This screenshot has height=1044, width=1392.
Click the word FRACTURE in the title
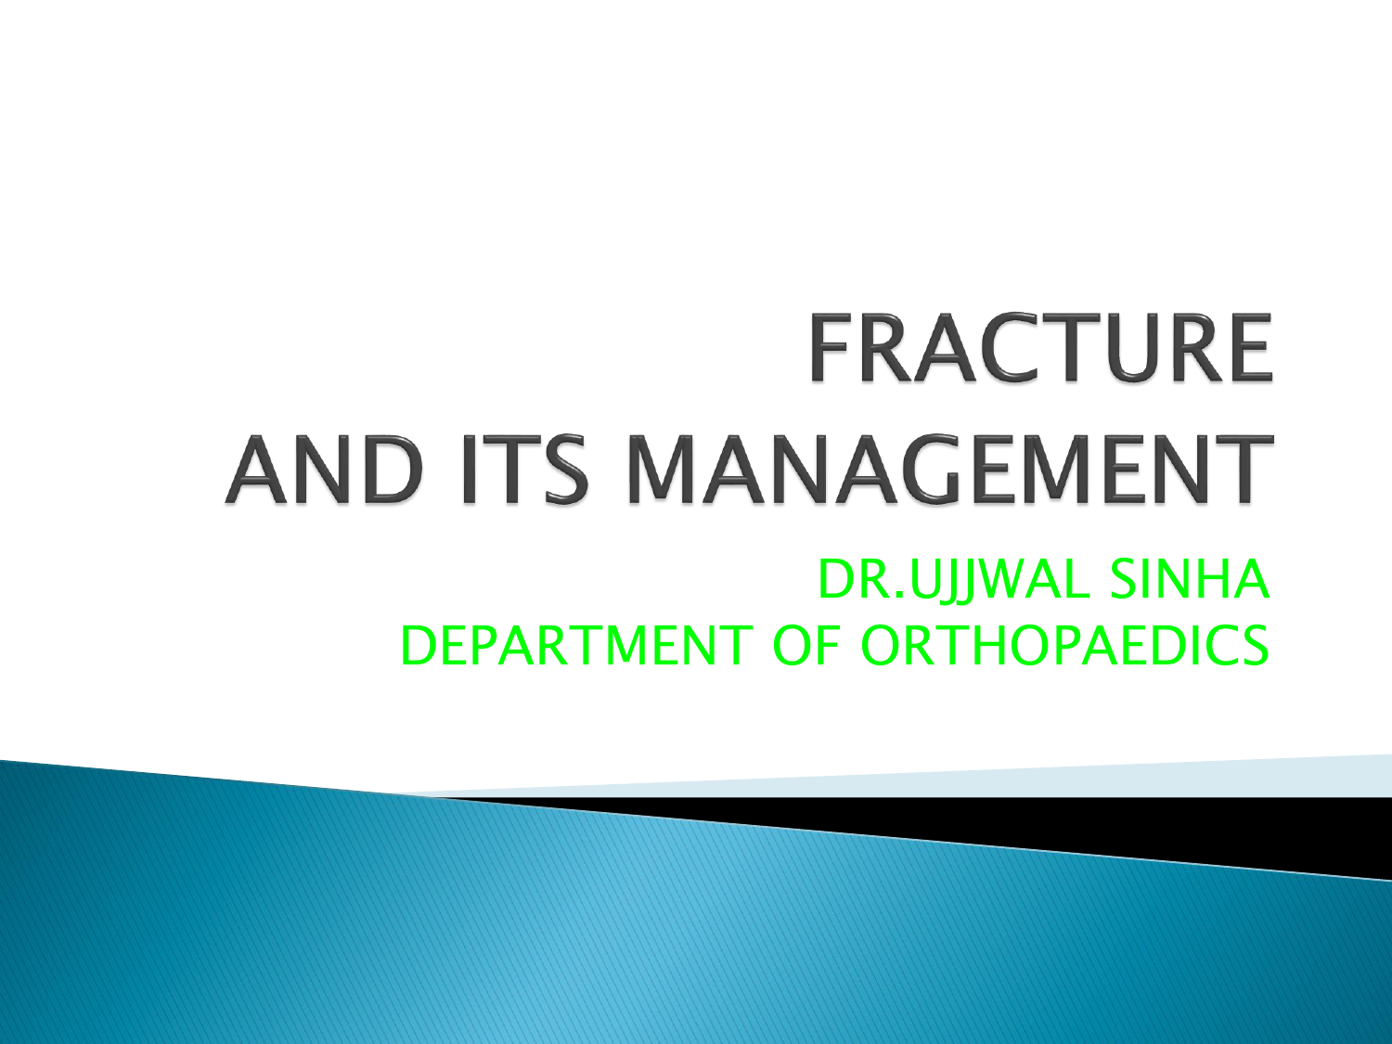point(1040,348)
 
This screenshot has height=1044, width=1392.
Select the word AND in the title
point(324,469)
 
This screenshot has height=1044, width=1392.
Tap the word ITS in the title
point(523,469)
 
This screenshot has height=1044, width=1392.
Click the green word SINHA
point(1189,579)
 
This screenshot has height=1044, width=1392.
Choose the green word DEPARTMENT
point(576,646)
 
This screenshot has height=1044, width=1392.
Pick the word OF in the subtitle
point(806,646)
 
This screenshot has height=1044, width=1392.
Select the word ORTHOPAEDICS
point(1064,646)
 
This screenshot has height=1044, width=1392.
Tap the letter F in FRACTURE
point(829,348)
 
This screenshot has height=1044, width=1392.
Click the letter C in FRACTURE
point(999,348)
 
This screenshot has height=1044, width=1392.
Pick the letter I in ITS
point(470,469)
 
